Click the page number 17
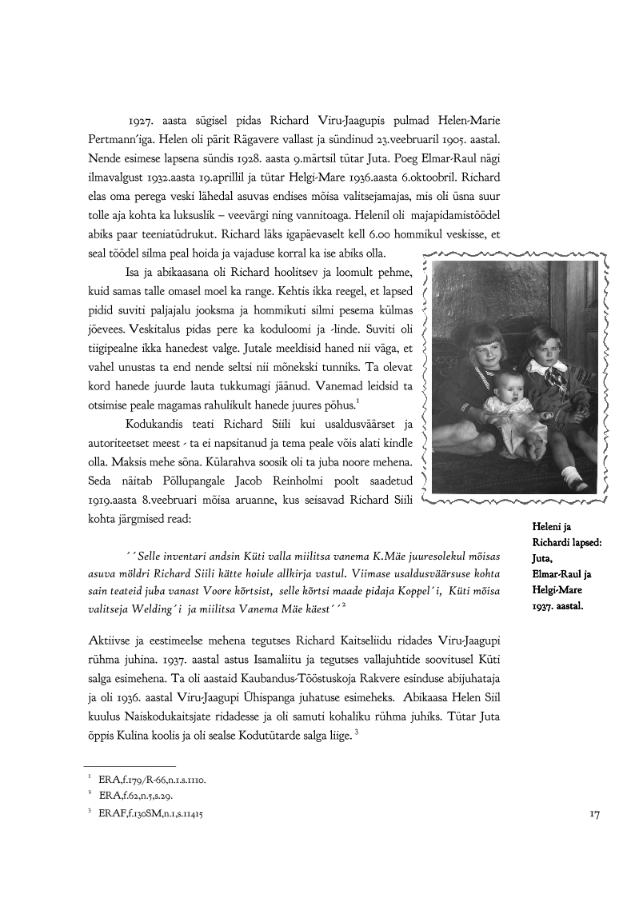[594, 814]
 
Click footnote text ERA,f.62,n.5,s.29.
[135, 796]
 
